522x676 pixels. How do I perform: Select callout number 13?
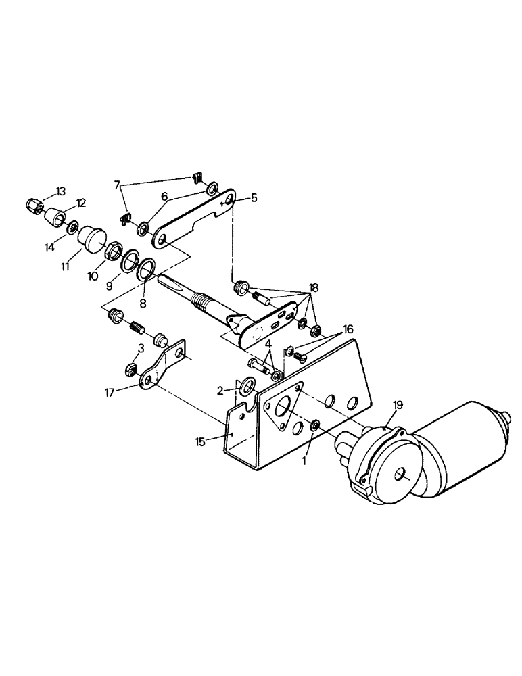pyautogui.click(x=61, y=192)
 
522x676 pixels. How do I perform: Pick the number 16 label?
pyautogui.click(x=348, y=329)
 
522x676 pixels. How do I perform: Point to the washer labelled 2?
pyautogui.click(x=246, y=387)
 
